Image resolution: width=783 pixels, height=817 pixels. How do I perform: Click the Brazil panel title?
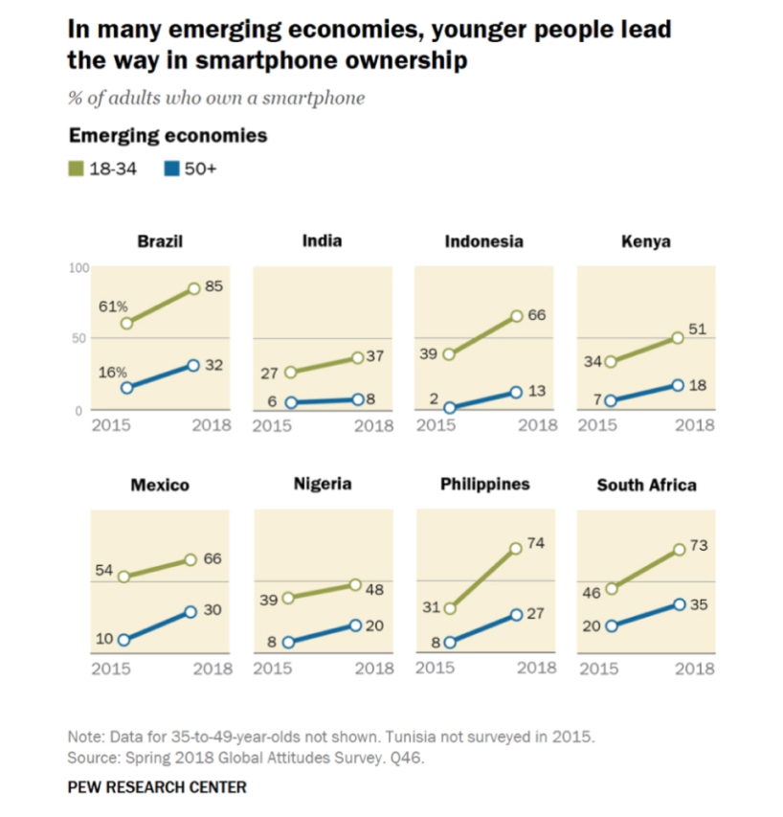tap(160, 241)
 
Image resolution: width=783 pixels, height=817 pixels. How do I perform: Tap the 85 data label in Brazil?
tap(214, 286)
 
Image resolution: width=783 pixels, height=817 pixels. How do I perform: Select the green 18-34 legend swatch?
tap(76, 169)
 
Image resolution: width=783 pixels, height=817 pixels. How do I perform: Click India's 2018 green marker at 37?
tap(357, 357)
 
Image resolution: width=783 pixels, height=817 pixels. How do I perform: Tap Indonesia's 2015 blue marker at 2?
tap(450, 408)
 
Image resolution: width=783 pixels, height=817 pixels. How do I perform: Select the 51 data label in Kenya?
tap(697, 330)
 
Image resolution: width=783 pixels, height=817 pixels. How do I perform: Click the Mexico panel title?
tap(160, 485)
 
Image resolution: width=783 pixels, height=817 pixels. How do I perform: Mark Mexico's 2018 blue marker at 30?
tap(190, 611)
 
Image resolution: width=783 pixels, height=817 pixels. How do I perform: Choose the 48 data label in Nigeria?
tap(374, 590)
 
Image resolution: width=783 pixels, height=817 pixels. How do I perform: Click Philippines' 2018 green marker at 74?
tap(517, 548)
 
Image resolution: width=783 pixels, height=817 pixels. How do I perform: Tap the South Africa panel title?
tap(646, 485)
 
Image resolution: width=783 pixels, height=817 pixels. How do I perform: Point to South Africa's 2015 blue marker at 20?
tap(612, 626)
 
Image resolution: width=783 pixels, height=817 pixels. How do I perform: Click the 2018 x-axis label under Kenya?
tap(694, 426)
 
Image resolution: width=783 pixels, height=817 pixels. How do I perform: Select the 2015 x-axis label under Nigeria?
tap(273, 669)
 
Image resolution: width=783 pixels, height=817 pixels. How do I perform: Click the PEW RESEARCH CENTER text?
tap(157, 787)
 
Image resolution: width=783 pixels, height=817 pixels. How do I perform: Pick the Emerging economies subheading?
tap(168, 135)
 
